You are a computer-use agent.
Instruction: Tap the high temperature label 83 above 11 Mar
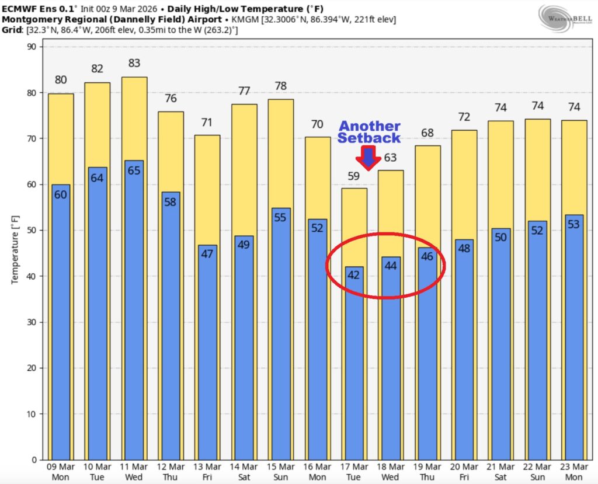(134, 63)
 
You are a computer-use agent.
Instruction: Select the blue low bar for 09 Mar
(61, 321)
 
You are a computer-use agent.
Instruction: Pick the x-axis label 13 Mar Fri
(207, 472)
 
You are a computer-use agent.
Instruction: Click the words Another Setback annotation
(370, 132)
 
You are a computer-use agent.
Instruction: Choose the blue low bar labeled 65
(134, 309)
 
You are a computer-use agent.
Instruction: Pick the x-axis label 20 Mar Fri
(464, 472)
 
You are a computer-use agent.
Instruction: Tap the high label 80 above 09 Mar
(61, 80)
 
